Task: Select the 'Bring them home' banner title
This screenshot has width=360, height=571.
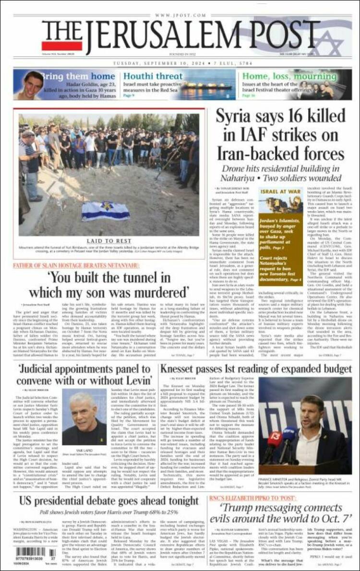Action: tap(77, 76)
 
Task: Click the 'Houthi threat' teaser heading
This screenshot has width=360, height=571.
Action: tap(153, 76)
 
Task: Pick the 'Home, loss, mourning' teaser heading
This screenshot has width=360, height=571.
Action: tap(282, 76)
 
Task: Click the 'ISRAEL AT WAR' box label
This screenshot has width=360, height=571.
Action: tap(280, 191)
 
